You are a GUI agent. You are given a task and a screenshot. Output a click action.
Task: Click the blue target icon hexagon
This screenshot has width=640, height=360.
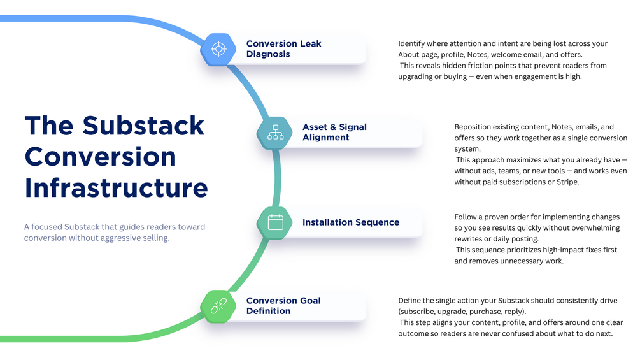[x=218, y=49]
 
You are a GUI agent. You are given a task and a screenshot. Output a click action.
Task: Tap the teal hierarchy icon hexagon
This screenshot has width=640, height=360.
[x=275, y=132]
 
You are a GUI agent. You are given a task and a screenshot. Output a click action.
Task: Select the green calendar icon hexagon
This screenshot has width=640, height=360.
[x=275, y=222]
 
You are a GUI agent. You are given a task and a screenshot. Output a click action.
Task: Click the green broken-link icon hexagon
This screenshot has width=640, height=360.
[x=218, y=306]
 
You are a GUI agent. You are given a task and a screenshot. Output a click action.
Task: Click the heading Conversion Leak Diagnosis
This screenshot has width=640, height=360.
[x=283, y=49]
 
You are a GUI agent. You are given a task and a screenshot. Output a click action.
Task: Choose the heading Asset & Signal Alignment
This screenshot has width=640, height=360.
[x=334, y=132]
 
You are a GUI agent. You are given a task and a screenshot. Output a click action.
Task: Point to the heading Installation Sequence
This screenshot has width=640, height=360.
[x=351, y=222]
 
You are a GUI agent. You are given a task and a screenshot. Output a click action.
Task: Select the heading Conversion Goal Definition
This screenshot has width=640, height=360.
[x=283, y=306]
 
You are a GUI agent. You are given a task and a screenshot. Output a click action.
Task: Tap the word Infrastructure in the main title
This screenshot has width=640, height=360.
[x=117, y=188]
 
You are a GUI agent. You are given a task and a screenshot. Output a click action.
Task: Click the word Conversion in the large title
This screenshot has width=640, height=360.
[x=100, y=157]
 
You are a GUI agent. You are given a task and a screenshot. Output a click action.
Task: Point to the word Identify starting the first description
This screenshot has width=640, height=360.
[x=413, y=44]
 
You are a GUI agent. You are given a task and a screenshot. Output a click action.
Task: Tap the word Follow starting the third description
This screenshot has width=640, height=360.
[x=467, y=217]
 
